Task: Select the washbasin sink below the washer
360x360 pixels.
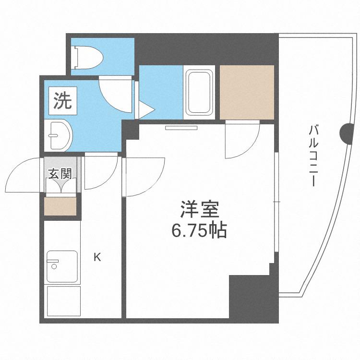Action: pos(60,134)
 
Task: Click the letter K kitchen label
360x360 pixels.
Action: pos(97,257)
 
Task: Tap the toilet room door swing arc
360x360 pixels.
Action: pos(115,94)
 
